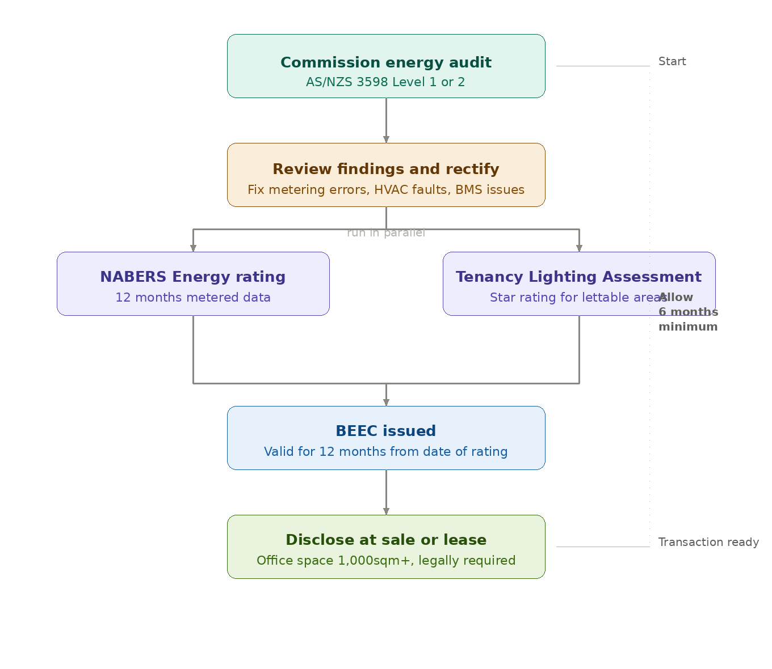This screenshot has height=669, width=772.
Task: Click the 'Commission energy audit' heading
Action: pyautogui.click(x=386, y=62)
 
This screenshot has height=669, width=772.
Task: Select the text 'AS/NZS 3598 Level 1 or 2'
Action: pyautogui.click(x=386, y=82)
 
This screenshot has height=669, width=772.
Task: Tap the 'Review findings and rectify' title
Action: pyautogui.click(x=386, y=169)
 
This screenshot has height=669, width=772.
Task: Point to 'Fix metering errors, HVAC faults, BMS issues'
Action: pyautogui.click(x=386, y=190)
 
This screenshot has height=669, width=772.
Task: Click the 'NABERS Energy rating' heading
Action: pyautogui.click(x=193, y=277)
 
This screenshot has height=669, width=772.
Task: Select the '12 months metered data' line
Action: pyautogui.click(x=193, y=298)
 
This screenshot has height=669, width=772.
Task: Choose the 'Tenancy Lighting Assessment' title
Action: pyautogui.click(x=578, y=277)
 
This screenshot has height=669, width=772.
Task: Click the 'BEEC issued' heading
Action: pyautogui.click(x=386, y=431)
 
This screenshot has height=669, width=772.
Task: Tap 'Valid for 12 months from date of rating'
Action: pyautogui.click(x=386, y=452)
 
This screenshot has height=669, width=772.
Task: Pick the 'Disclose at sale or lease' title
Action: pyautogui.click(x=386, y=540)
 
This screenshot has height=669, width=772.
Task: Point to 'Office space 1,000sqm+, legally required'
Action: pyautogui.click(x=386, y=561)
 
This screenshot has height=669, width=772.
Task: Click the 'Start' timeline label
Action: pyautogui.click(x=672, y=61)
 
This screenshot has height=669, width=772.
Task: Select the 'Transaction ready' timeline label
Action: pyautogui.click(x=708, y=542)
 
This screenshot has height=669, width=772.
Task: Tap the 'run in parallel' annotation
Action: pyautogui.click(x=386, y=233)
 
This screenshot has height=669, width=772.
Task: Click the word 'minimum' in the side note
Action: pyautogui.click(x=688, y=327)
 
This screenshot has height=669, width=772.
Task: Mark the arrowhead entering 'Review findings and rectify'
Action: pyautogui.click(x=386, y=139)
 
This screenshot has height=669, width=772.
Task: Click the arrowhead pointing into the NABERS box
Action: pyautogui.click(x=193, y=248)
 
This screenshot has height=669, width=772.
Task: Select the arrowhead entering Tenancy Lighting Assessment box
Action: pyautogui.click(x=579, y=248)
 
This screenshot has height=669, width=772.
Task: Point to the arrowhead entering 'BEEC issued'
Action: pyautogui.click(x=386, y=403)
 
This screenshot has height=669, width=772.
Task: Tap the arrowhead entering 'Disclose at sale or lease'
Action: pyautogui.click(x=386, y=511)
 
